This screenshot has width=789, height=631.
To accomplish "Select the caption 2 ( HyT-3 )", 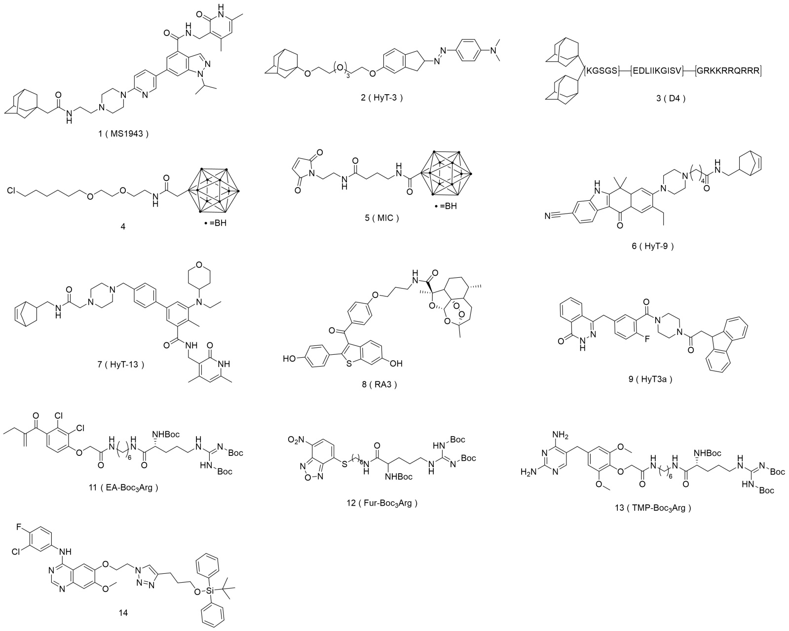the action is click(x=382, y=98).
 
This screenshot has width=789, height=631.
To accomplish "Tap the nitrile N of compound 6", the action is click(x=548, y=216).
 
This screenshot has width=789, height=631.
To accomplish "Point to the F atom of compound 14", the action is click(x=18, y=529).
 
